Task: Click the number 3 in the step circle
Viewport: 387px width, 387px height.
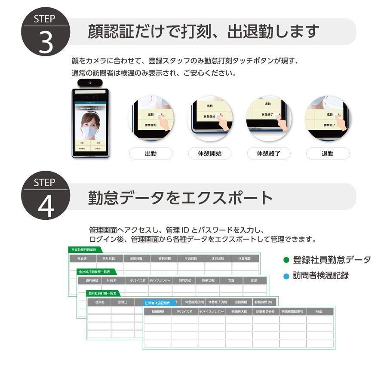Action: coord(45,41)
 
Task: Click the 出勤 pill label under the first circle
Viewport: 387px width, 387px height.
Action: coord(151,154)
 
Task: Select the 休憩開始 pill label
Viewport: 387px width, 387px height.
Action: coord(210,154)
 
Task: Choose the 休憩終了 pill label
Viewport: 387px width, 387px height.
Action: coord(269,154)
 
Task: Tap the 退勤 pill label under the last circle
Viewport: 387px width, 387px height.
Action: coord(328,154)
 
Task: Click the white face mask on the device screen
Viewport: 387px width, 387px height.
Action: coord(90,131)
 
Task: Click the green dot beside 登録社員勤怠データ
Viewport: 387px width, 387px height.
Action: coord(286,260)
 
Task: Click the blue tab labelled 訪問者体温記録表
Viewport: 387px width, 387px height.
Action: coord(158,303)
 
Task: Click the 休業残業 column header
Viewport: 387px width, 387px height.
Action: coord(245,258)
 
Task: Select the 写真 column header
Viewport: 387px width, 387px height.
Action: coord(231,280)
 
